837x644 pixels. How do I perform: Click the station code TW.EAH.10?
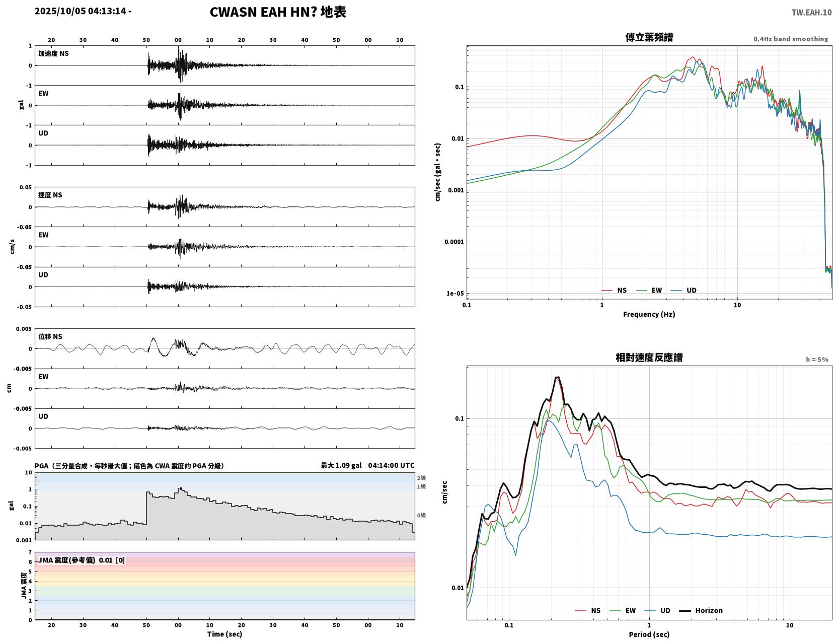(x=811, y=12)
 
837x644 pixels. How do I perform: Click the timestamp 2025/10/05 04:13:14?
(x=81, y=11)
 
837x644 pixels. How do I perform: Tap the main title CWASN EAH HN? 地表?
(x=278, y=12)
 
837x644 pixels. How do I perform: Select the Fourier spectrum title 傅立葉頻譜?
(x=649, y=37)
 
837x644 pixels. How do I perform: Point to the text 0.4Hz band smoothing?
(x=790, y=39)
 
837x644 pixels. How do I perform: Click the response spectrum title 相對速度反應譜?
(x=649, y=357)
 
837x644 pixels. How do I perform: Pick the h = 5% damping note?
(x=816, y=360)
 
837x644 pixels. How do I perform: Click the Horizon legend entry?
(x=701, y=610)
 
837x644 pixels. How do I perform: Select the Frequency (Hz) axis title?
(x=649, y=314)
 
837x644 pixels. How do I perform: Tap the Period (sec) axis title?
(x=649, y=634)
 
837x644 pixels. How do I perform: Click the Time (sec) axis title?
(x=224, y=634)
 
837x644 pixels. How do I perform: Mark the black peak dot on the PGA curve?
(x=181, y=489)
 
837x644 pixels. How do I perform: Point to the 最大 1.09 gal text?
(x=341, y=465)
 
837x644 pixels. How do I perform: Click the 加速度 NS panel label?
(x=53, y=53)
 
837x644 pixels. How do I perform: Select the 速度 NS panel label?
(x=50, y=195)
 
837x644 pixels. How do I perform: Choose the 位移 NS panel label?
(x=50, y=336)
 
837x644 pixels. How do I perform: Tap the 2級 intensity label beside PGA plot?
(x=421, y=478)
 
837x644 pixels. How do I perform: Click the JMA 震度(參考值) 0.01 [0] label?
(x=81, y=560)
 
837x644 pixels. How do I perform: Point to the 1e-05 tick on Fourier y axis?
(x=455, y=294)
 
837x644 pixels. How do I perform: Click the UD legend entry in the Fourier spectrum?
(x=683, y=291)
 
